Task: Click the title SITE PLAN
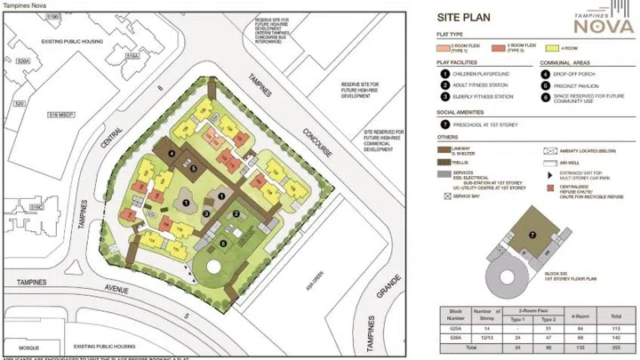465,16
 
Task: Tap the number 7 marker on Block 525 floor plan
532,235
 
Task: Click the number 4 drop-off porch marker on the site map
171,153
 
